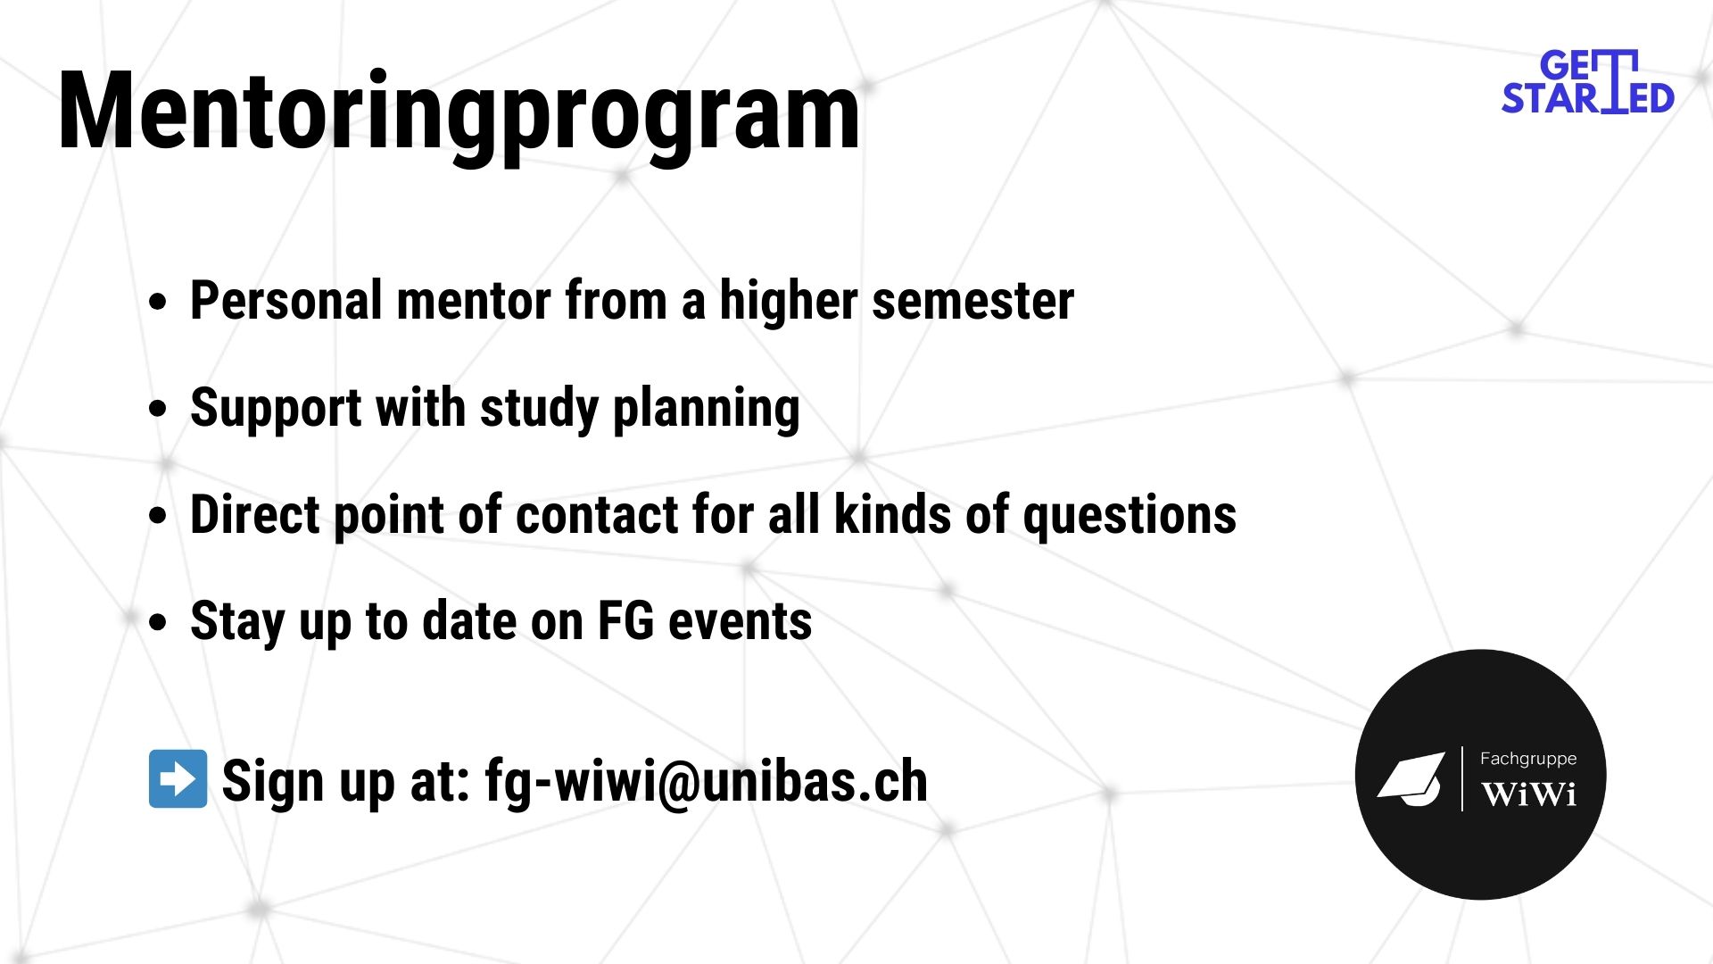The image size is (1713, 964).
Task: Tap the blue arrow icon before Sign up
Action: coord(178,778)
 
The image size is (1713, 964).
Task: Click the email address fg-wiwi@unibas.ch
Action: coord(707,782)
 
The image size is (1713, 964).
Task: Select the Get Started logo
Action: coord(1587,82)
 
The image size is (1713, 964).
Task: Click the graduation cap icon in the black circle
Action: coord(1411,778)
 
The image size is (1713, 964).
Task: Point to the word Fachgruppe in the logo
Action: coord(1528,759)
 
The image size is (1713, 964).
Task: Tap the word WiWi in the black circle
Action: coord(1528,794)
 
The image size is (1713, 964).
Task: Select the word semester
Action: coord(973,301)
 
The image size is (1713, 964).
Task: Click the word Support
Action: coord(276,409)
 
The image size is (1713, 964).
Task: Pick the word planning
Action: coord(707,409)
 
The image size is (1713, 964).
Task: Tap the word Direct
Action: coord(255,515)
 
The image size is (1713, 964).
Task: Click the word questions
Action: coord(1130,517)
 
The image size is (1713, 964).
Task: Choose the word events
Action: coord(741,622)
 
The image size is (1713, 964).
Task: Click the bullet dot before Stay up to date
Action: coord(158,623)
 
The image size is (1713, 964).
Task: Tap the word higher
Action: coord(789,301)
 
